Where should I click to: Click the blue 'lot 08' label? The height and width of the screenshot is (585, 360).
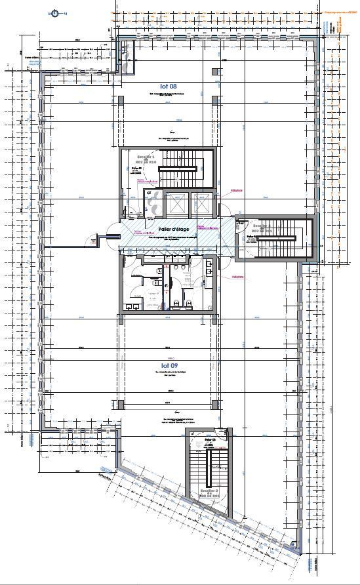[x=168, y=86]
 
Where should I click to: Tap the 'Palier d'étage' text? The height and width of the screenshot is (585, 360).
[x=174, y=228]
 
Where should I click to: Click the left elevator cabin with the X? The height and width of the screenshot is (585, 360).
[x=175, y=205]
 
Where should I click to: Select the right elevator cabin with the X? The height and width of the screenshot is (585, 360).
[x=203, y=205]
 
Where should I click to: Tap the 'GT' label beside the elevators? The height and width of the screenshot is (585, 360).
[x=149, y=193]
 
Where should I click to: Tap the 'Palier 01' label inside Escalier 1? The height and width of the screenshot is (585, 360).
[x=137, y=169]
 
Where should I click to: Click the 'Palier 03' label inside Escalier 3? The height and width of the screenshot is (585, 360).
[x=210, y=440]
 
